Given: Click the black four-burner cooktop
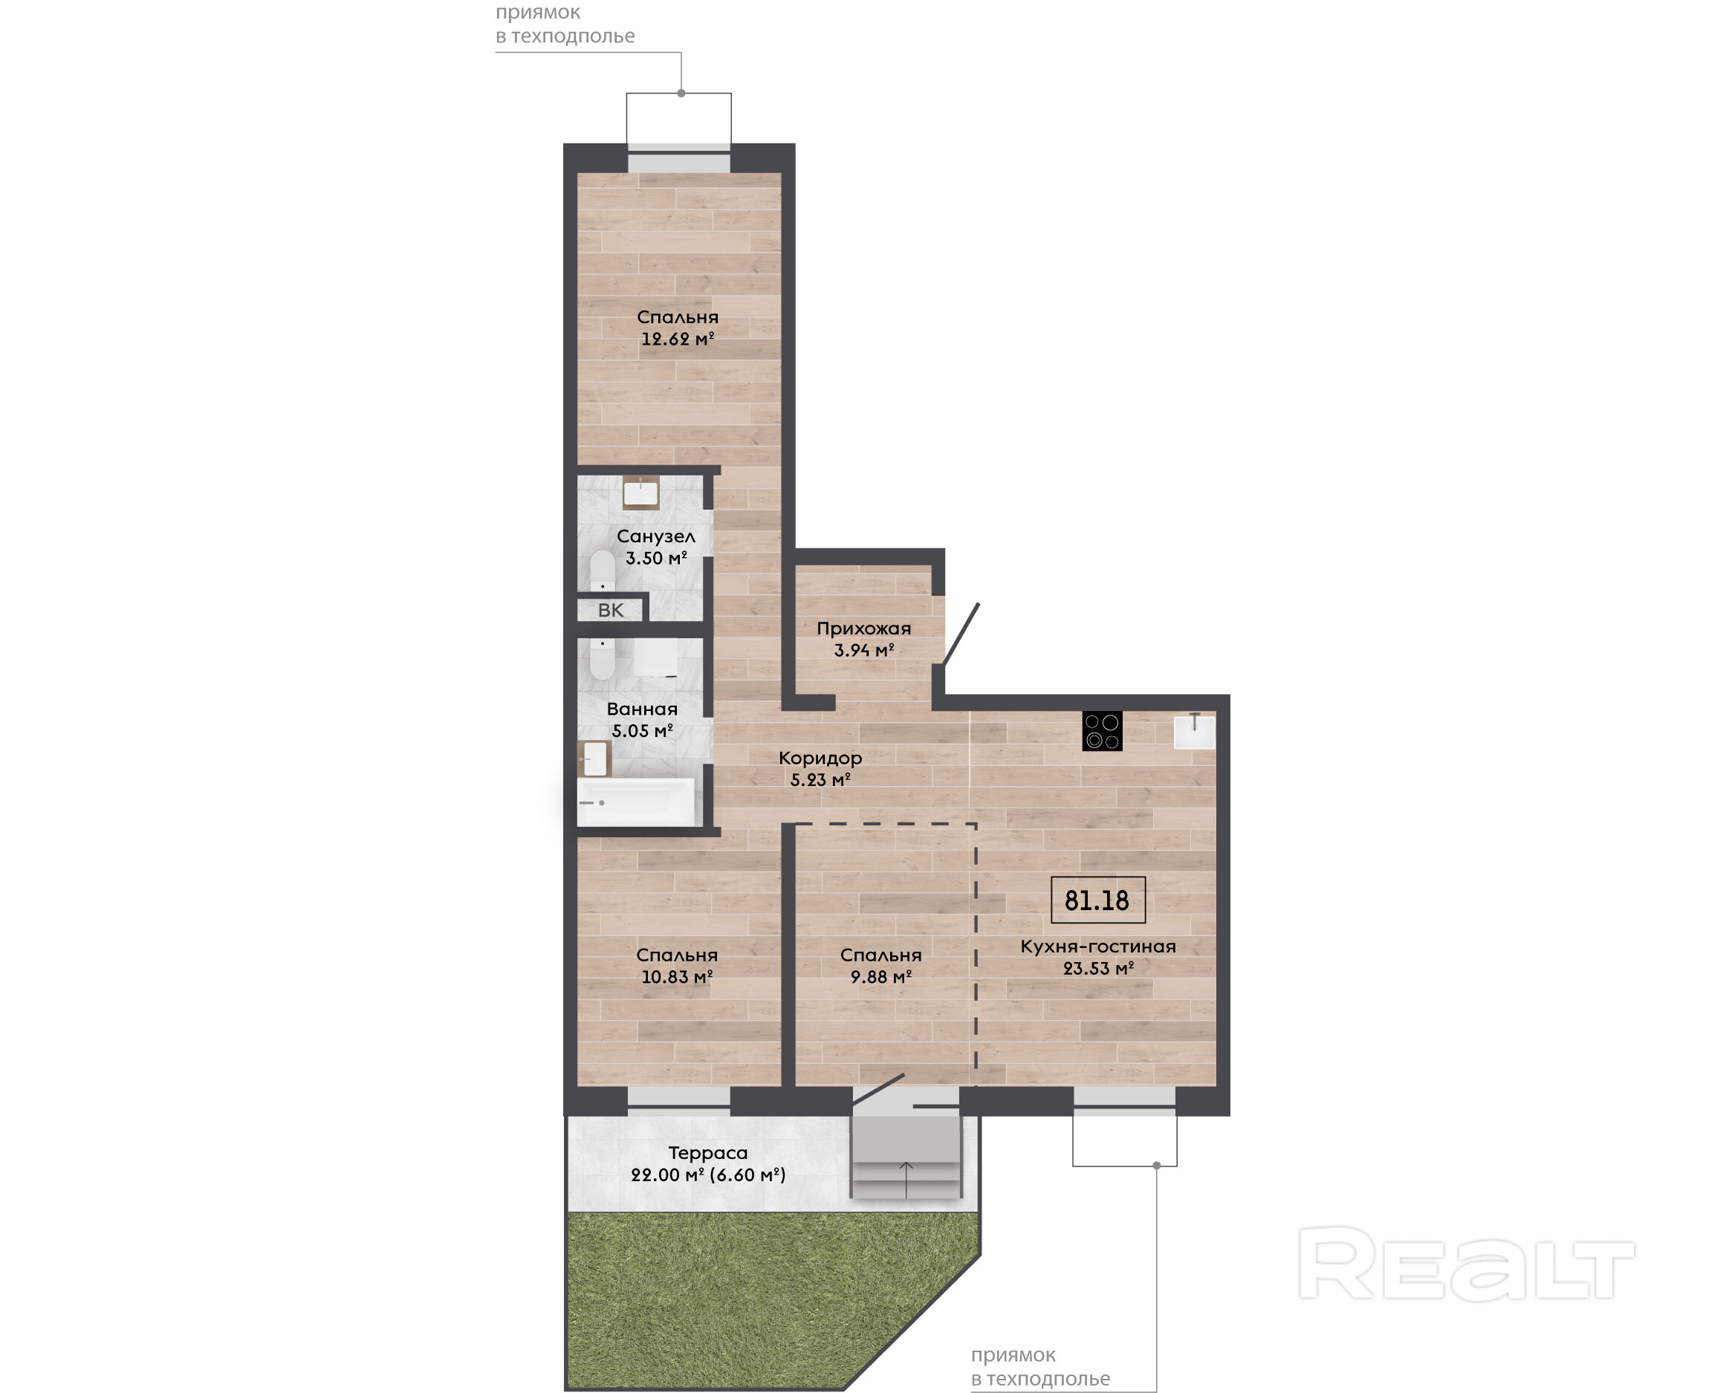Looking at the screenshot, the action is [1102, 731].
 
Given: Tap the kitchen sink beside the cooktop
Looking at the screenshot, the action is [1194, 732].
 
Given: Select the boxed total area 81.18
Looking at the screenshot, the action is [1097, 900].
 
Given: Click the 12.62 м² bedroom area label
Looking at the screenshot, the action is [677, 339].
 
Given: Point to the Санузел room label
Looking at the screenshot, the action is [655, 536].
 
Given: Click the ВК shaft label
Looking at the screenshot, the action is [611, 610].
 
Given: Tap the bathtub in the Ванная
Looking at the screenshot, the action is [635, 802].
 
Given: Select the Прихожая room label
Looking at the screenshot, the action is [863, 629].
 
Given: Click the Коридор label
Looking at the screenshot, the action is [820, 758].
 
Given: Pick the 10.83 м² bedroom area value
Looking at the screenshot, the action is [676, 976].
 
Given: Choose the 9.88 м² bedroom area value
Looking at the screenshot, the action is [881, 976].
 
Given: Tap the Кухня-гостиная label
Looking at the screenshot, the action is [1097, 946].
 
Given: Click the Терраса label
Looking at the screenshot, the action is [708, 1152].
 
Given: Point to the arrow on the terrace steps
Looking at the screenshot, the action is [906, 1180].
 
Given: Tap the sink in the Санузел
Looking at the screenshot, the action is [640, 492].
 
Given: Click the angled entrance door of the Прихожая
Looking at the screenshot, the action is [961, 634].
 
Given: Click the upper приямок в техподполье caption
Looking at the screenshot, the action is [565, 24].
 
